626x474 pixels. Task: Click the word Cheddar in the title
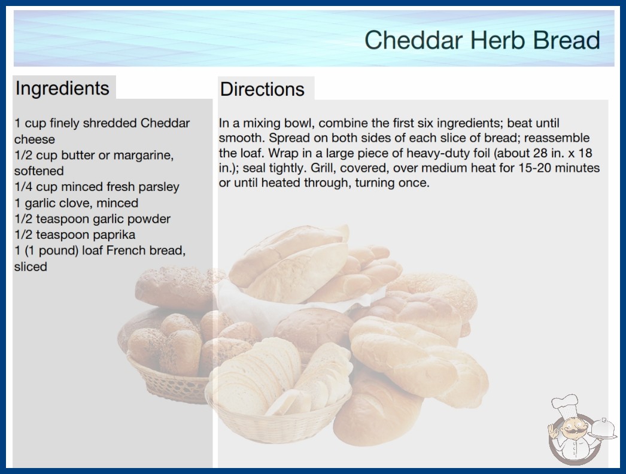pos(414,39)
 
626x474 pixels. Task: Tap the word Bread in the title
pos(567,39)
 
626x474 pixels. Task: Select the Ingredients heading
pos(62,89)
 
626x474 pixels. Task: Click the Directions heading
pos(262,89)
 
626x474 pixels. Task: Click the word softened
pos(39,171)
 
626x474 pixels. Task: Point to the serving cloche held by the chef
pos(603,429)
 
